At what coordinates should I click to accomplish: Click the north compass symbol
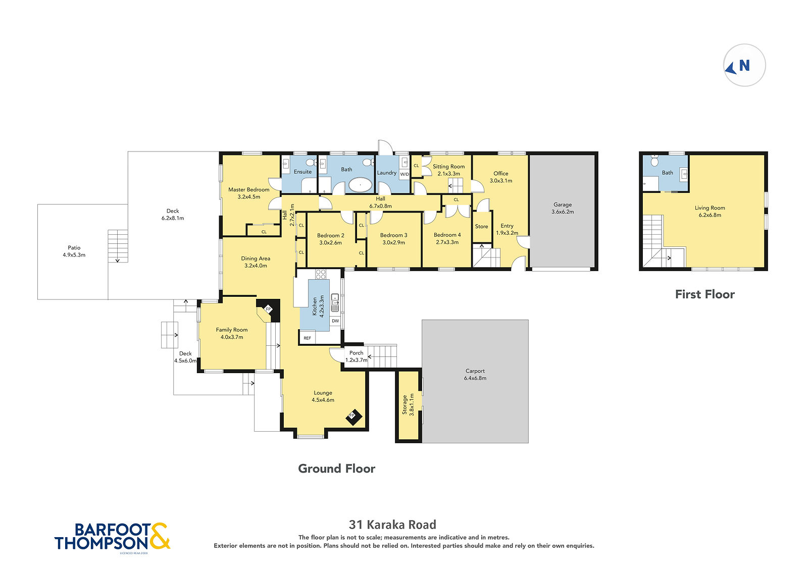pos(744,65)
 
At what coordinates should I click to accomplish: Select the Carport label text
pos(475,371)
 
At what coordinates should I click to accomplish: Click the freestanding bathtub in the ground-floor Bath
pos(360,185)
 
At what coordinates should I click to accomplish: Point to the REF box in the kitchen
pos(308,338)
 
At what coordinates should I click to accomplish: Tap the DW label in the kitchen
pos(335,321)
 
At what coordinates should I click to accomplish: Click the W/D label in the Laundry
pos(405,174)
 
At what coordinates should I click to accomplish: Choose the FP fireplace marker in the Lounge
pos(353,417)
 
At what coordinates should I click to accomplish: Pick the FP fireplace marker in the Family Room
pos(268,309)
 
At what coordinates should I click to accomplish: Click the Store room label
pos(482,227)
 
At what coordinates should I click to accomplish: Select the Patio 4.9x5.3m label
pos(74,251)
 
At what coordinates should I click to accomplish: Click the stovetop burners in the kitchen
pos(321,274)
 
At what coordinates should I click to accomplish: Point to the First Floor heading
pos(705,294)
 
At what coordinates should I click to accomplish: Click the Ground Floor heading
pos(336,469)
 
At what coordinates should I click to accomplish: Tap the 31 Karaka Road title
pos(392,524)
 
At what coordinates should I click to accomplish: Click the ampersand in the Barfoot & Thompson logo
pos(160,536)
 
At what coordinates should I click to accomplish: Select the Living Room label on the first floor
pos(710,212)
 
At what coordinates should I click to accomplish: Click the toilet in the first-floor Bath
pos(654,161)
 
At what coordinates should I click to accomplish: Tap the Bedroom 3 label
pos(393,239)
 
